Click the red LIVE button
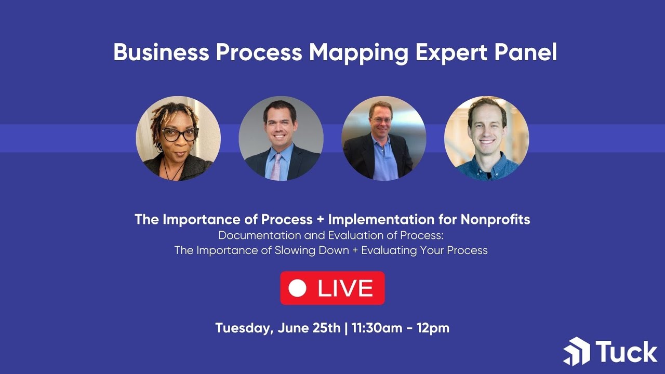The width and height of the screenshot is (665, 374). [x=332, y=288]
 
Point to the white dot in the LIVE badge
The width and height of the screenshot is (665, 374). [x=297, y=288]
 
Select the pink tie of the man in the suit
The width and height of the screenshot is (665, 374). [x=276, y=166]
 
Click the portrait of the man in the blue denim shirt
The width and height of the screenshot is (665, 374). [x=486, y=138]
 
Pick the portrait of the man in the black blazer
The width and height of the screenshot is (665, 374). [x=384, y=138]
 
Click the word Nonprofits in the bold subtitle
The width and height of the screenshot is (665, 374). [x=495, y=219]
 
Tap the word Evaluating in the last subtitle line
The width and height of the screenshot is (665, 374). [x=389, y=250]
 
